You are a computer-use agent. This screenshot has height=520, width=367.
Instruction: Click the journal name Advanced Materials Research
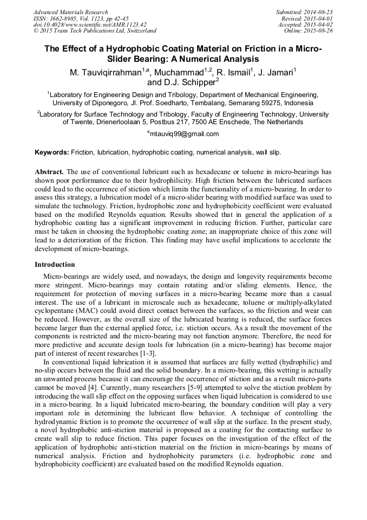pyautogui.click(x=70, y=12)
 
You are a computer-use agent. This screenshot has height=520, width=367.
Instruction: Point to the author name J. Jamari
pyautogui.click(x=277, y=73)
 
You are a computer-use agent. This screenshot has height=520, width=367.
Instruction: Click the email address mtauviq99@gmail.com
pyautogui.click(x=184, y=134)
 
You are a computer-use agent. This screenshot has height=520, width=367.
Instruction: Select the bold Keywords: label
pyautogui.click(x=51, y=153)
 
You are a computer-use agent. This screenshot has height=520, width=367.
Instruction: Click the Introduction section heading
pyautogui.click(x=55, y=265)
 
